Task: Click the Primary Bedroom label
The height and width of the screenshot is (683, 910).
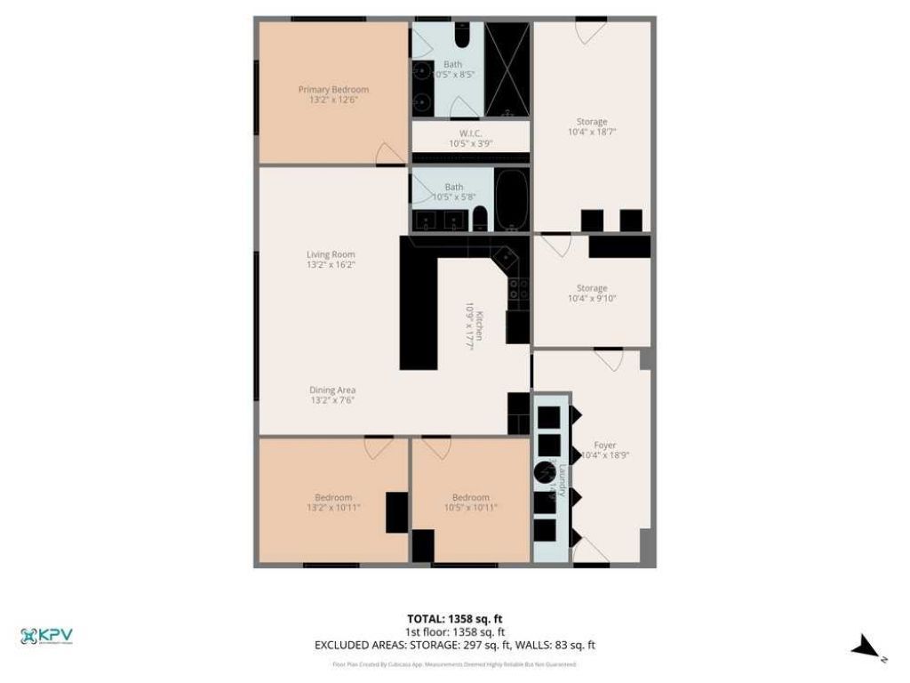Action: click(x=333, y=95)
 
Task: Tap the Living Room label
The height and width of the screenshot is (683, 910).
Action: click(x=331, y=260)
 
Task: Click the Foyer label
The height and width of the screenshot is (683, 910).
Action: click(x=604, y=451)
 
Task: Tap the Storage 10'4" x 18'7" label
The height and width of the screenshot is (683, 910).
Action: click(x=592, y=126)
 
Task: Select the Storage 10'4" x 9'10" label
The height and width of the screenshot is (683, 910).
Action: click(x=592, y=293)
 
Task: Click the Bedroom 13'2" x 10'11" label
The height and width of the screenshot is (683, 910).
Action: click(x=333, y=502)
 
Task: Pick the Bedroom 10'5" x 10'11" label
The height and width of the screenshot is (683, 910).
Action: click(x=470, y=502)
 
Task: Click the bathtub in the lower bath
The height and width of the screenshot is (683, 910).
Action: click(x=511, y=200)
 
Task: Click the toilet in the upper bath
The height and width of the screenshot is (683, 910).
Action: click(x=462, y=37)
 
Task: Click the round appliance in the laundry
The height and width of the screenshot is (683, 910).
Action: click(x=545, y=471)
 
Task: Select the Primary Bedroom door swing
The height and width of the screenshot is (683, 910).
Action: click(x=389, y=154)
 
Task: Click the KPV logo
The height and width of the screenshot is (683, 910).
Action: click(x=46, y=636)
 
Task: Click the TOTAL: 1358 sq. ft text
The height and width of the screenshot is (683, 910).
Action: click(x=455, y=619)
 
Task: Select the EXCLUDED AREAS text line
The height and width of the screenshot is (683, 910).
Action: click(x=455, y=646)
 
